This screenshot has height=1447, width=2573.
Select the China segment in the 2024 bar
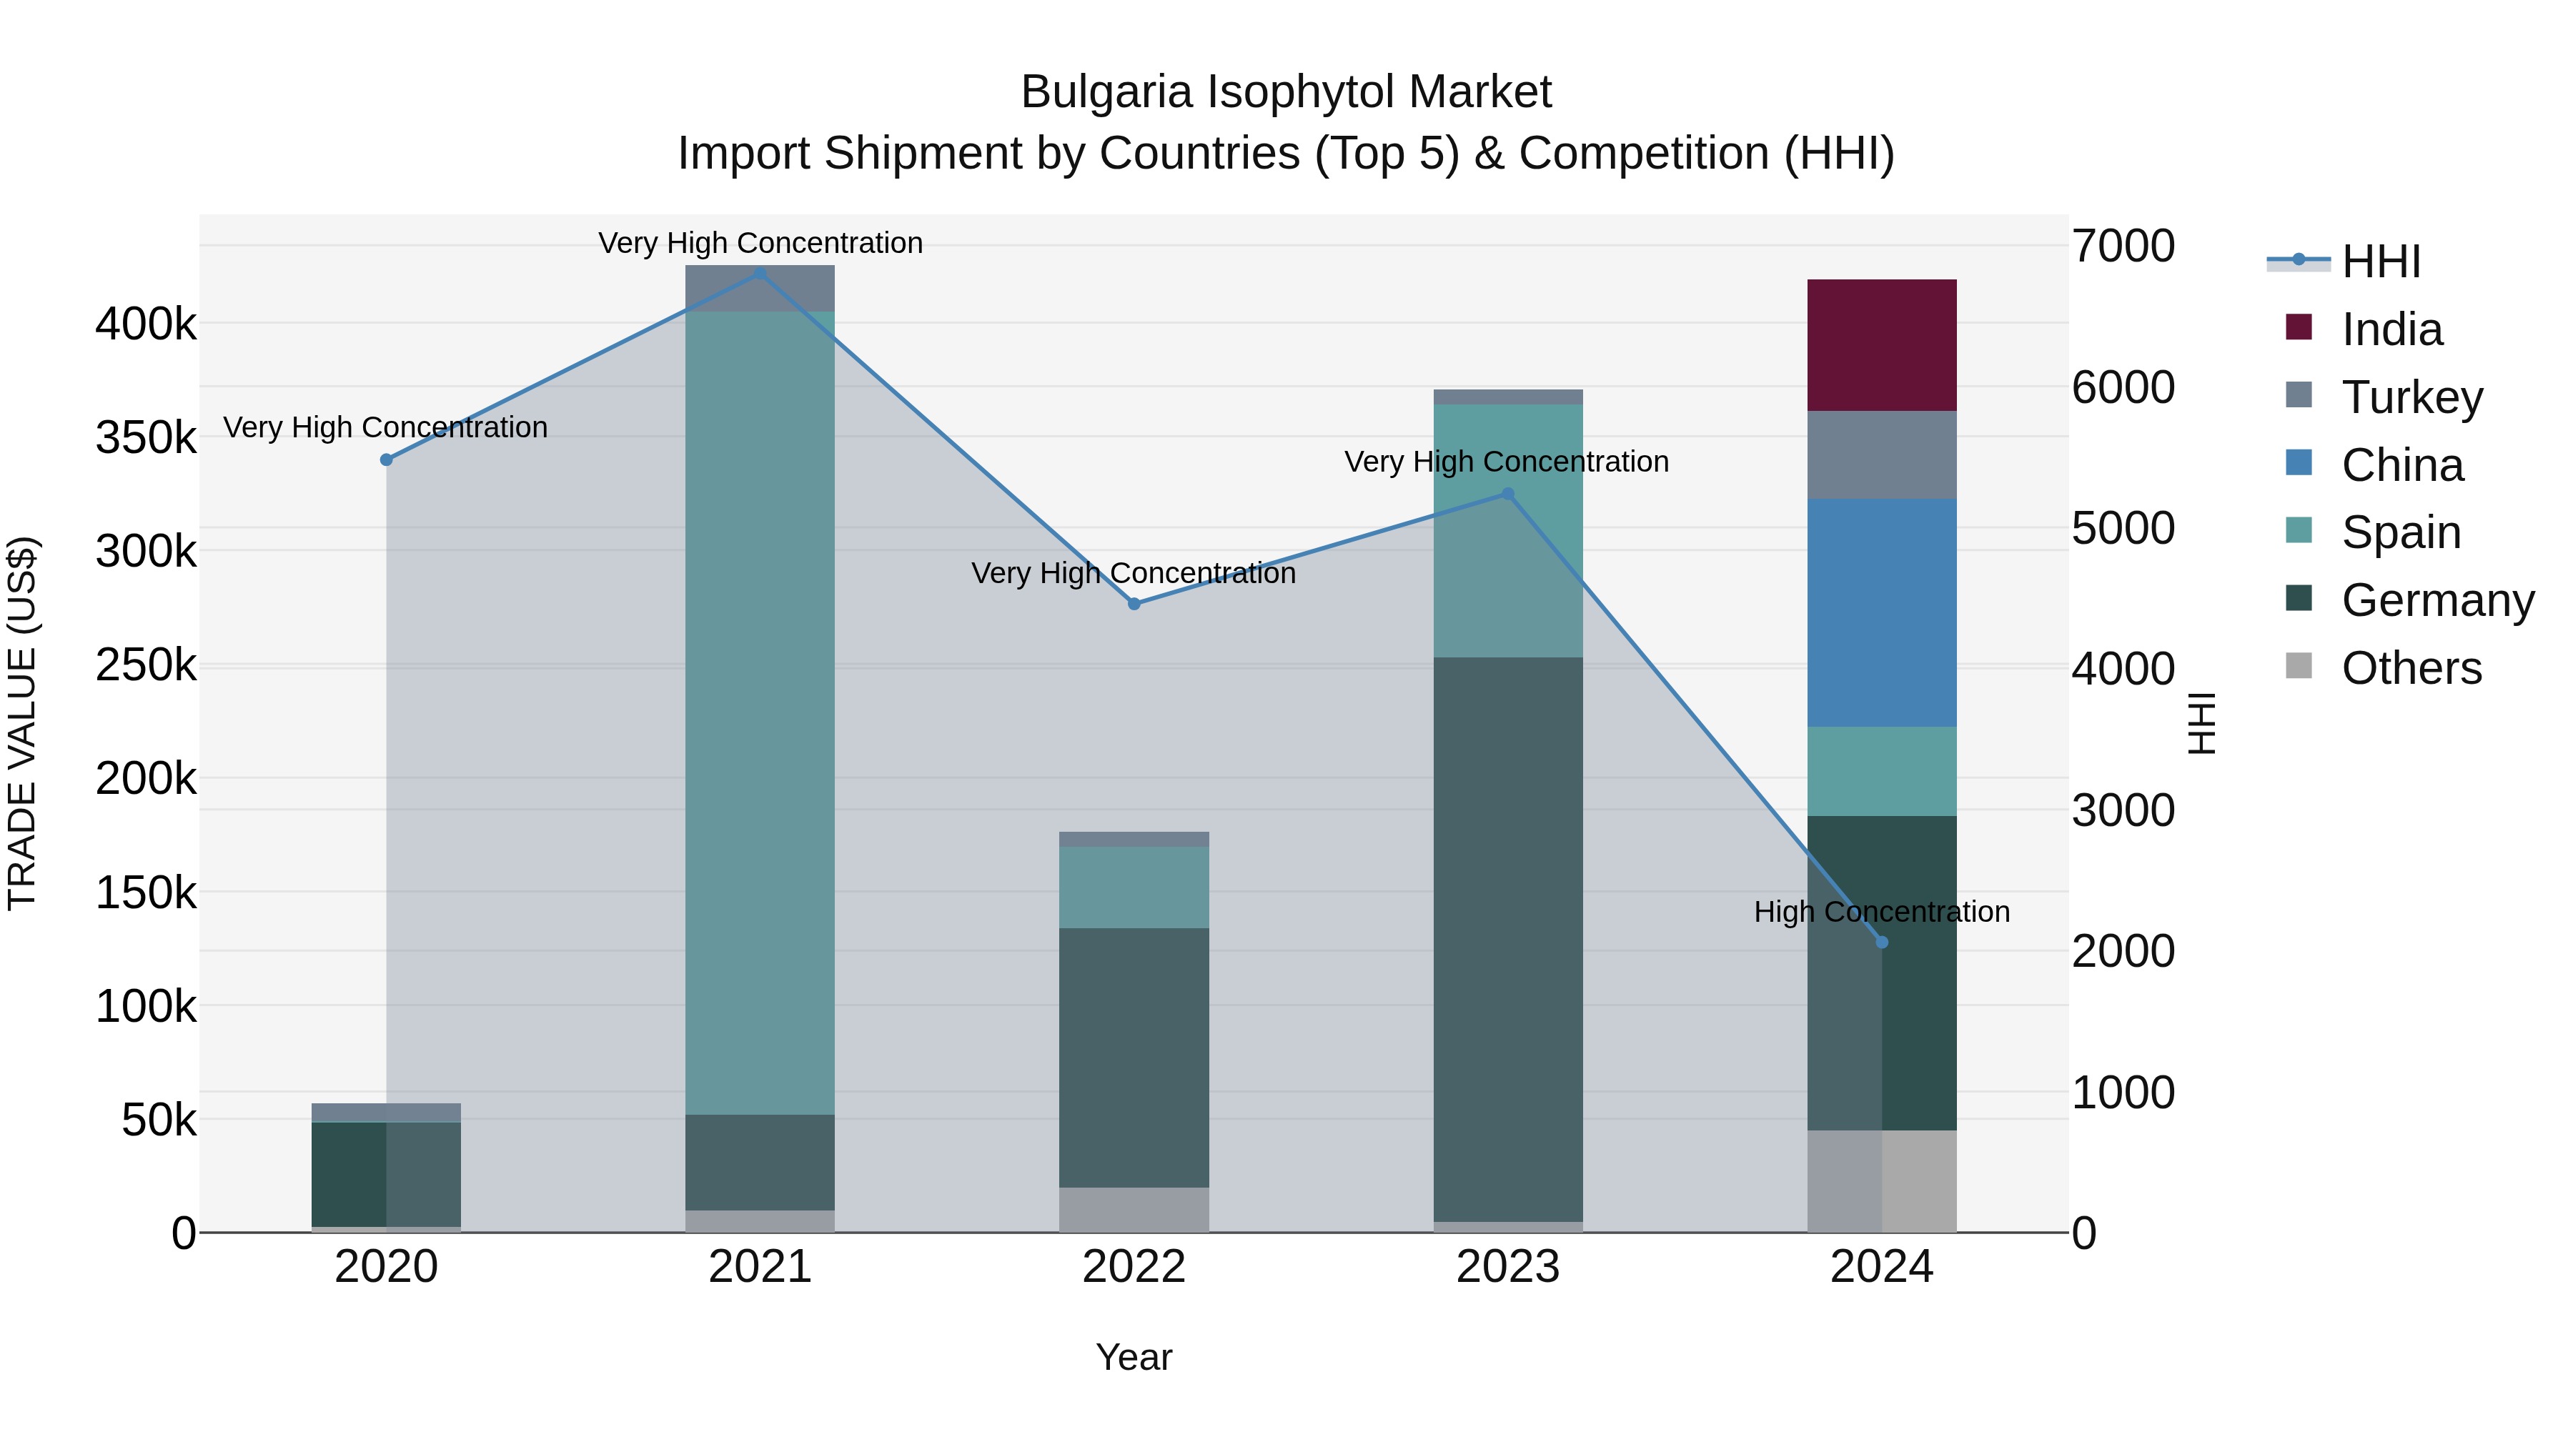pyautogui.click(x=1881, y=612)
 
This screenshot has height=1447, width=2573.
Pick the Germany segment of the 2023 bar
pyautogui.click(x=1507, y=939)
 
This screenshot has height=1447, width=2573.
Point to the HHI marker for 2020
pyautogui.click(x=387, y=460)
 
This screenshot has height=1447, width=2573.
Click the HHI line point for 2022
pyautogui.click(x=1134, y=604)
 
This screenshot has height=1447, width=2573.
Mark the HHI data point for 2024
pyautogui.click(x=1882, y=943)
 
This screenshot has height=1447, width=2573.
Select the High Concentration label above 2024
pyautogui.click(x=1881, y=912)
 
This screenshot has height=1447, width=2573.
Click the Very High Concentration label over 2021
pyautogui.click(x=760, y=243)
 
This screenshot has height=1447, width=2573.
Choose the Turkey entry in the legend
pyautogui.click(x=2411, y=397)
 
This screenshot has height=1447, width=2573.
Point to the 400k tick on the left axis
pyautogui.click(x=146, y=324)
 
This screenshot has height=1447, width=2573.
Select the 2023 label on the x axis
pyautogui.click(x=1507, y=1267)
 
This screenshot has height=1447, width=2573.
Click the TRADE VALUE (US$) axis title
pyautogui.click(x=23, y=723)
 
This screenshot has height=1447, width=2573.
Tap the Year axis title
pyautogui.click(x=1134, y=1357)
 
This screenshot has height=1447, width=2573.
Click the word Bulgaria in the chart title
pyautogui.click(x=1106, y=92)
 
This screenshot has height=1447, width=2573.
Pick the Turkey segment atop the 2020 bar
pyautogui.click(x=387, y=1113)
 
